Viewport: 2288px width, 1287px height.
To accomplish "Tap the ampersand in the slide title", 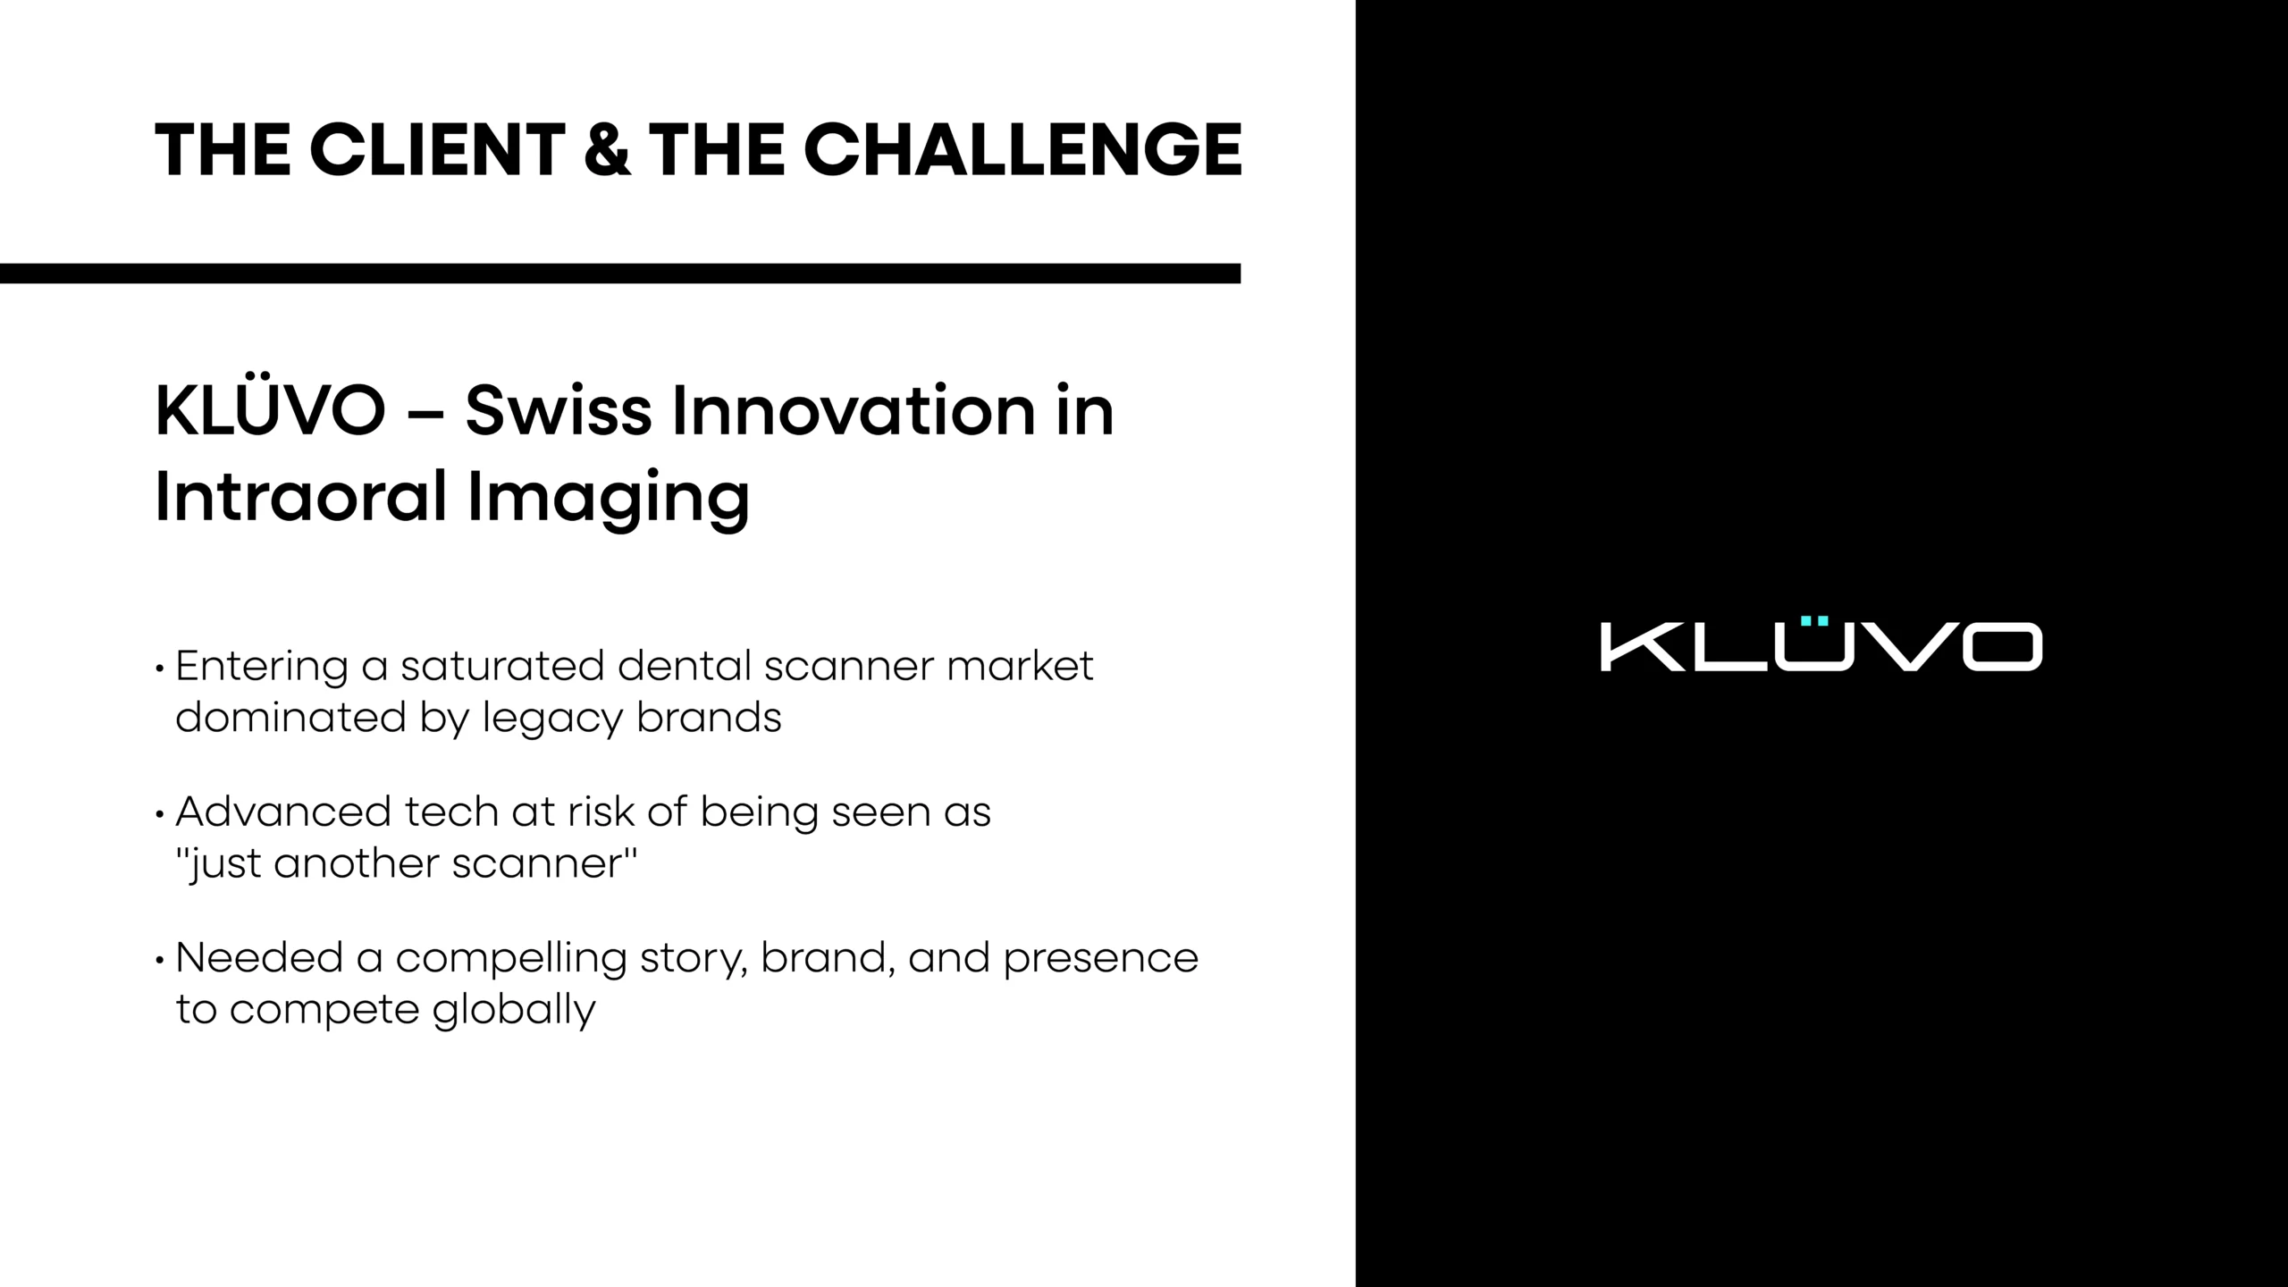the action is [607, 149].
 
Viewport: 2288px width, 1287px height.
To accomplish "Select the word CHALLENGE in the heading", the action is [1022, 149].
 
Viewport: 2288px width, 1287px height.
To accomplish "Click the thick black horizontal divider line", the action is [620, 273].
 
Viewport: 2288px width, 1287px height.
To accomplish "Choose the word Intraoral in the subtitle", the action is [301, 496].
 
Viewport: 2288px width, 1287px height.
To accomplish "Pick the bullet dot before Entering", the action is [160, 669].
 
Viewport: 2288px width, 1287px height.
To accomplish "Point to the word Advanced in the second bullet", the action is [283, 812].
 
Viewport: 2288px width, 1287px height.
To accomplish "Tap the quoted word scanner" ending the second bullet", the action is [544, 863].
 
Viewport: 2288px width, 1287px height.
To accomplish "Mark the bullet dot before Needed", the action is [160, 961].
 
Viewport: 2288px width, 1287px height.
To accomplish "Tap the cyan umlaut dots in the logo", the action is [1814, 620].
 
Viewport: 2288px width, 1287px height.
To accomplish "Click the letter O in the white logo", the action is [2002, 647].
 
